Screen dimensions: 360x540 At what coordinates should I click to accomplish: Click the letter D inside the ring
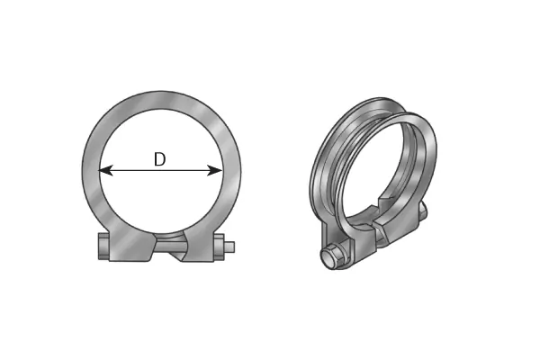(x=159, y=159)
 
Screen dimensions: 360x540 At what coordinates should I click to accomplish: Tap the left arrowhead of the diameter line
(x=104, y=169)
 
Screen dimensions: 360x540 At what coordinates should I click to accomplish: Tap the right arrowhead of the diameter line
(x=216, y=169)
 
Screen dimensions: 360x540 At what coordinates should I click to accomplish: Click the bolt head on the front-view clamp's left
(x=102, y=247)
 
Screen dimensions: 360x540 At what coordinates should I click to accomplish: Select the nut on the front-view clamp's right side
(x=218, y=247)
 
